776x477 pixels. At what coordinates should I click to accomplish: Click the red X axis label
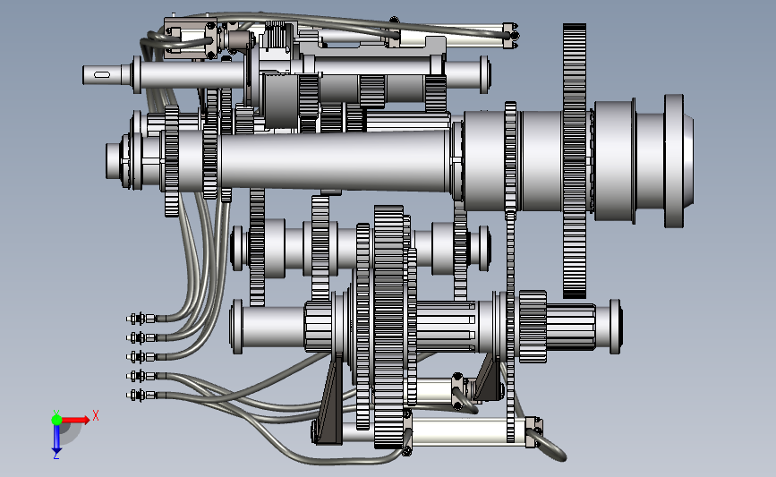pos(96,415)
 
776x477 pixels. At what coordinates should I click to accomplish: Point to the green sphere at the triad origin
pos(56,420)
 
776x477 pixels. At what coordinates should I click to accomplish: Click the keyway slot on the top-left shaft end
pos(101,74)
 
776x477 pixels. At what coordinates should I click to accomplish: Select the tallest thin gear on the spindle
pos(574,161)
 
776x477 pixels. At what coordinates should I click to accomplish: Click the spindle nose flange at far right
pos(675,161)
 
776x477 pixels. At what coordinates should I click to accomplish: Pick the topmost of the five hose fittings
pos(142,319)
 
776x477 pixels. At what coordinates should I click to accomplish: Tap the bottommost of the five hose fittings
pos(142,395)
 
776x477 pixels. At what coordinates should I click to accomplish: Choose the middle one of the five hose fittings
pos(142,357)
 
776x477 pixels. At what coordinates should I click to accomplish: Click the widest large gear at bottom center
pos(388,327)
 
